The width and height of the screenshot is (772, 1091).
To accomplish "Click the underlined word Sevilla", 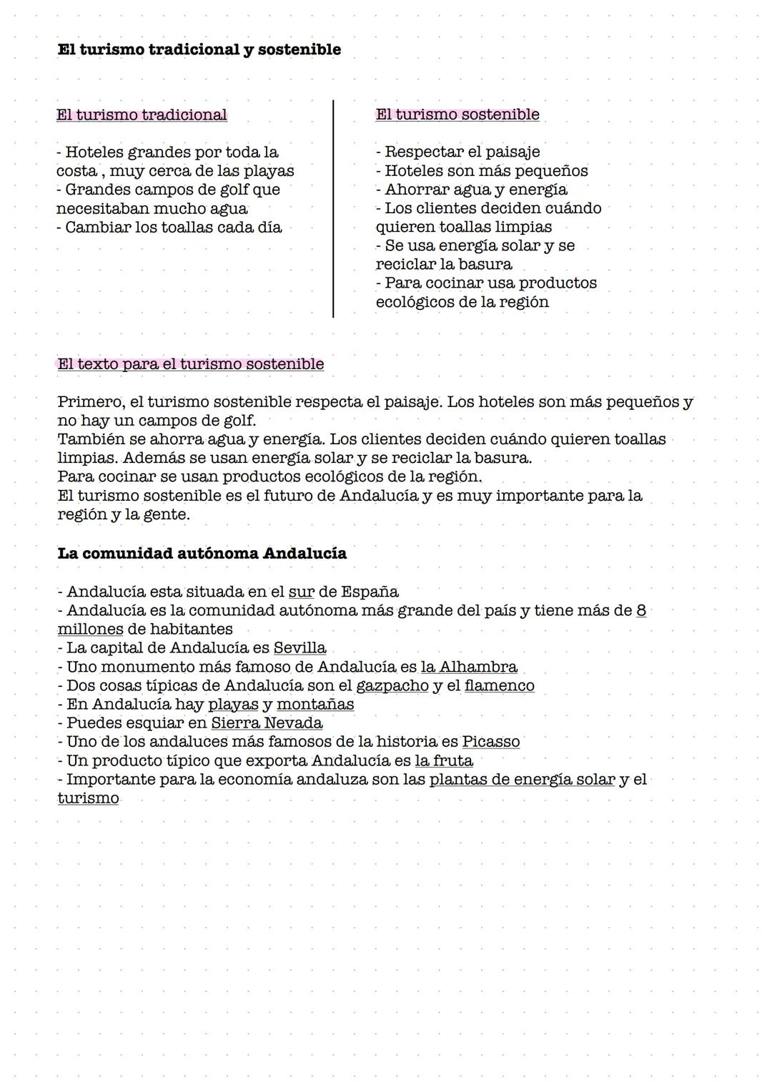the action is click(x=300, y=648).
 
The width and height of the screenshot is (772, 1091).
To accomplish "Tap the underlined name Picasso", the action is click(x=490, y=742).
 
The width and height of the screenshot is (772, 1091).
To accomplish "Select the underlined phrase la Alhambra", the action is click(x=469, y=667).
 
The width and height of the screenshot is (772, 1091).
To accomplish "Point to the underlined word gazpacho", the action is click(x=392, y=685).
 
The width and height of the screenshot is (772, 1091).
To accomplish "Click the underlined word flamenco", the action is click(x=499, y=685).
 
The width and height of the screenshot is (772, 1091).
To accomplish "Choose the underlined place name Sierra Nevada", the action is click(x=267, y=723).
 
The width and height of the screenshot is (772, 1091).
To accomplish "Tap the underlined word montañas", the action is click(x=315, y=704).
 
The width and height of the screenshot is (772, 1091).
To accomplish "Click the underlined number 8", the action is click(x=640, y=611).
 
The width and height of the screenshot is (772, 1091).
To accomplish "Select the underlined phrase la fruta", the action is click(x=444, y=760).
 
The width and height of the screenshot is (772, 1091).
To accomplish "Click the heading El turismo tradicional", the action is click(x=142, y=115).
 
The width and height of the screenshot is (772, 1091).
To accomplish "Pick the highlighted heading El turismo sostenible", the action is click(x=457, y=114).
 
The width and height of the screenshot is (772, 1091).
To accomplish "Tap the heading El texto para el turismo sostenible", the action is click(x=190, y=364).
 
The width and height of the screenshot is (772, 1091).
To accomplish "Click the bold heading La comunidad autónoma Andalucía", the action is click(x=202, y=554).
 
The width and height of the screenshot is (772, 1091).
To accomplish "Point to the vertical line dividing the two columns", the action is click(x=333, y=208).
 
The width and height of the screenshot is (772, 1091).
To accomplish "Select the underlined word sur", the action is click(x=301, y=592).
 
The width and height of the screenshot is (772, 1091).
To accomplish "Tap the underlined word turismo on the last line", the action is click(x=88, y=798).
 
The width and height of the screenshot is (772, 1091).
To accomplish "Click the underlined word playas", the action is click(x=233, y=704).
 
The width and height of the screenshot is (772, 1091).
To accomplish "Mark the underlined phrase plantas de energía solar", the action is click(x=522, y=779).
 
